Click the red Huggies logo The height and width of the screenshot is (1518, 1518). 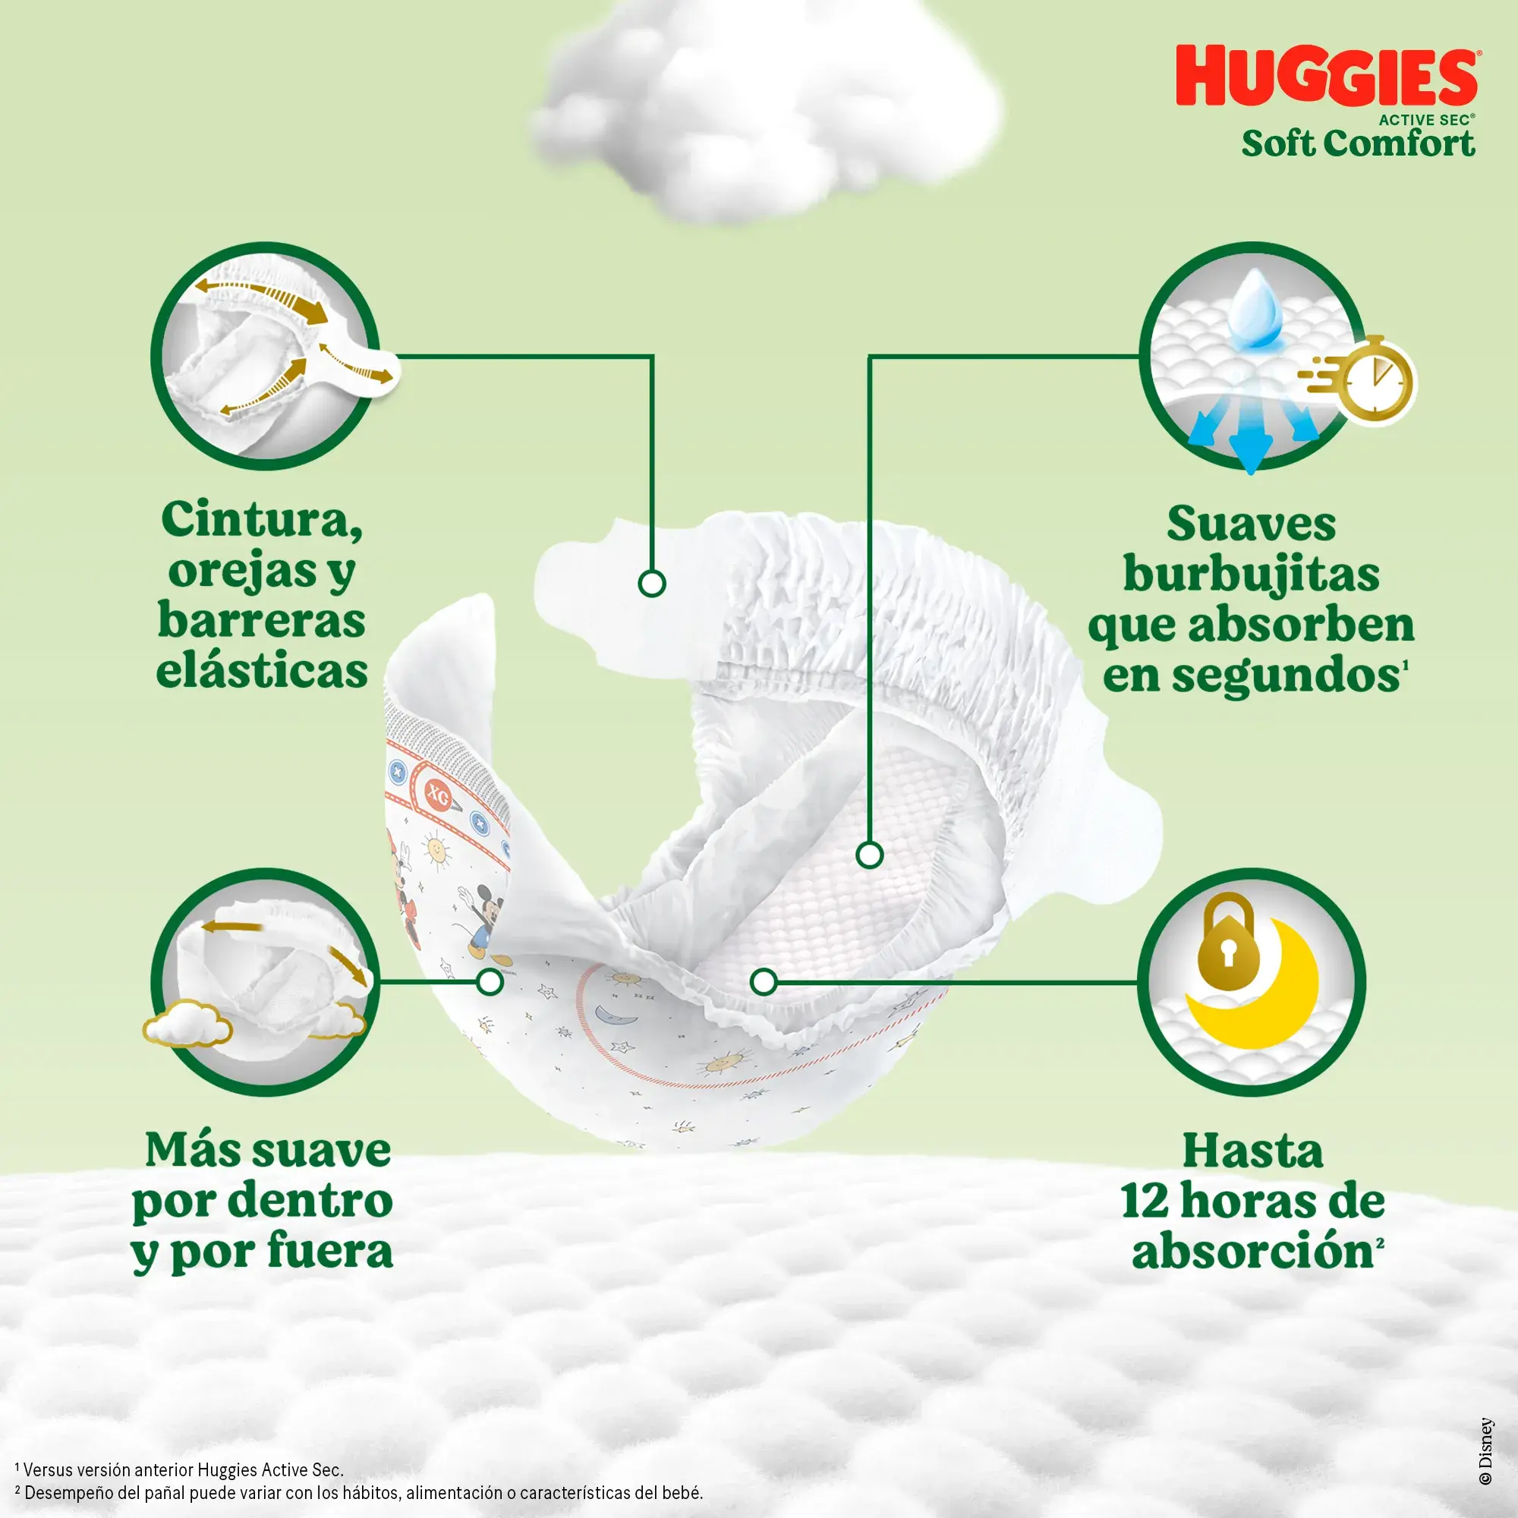coord(1326,76)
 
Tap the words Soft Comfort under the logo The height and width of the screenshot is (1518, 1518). coord(1359,143)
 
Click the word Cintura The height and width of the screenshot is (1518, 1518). coord(262,521)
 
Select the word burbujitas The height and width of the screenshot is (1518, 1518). coord(1252,575)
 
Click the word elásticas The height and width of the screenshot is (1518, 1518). coord(262,670)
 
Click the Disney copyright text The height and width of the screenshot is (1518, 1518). coord(1486,1451)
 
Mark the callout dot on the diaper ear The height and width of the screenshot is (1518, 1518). coord(651,584)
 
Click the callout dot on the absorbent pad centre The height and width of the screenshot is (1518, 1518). coord(869,855)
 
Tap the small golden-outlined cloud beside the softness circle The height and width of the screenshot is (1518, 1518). coord(187,1023)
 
